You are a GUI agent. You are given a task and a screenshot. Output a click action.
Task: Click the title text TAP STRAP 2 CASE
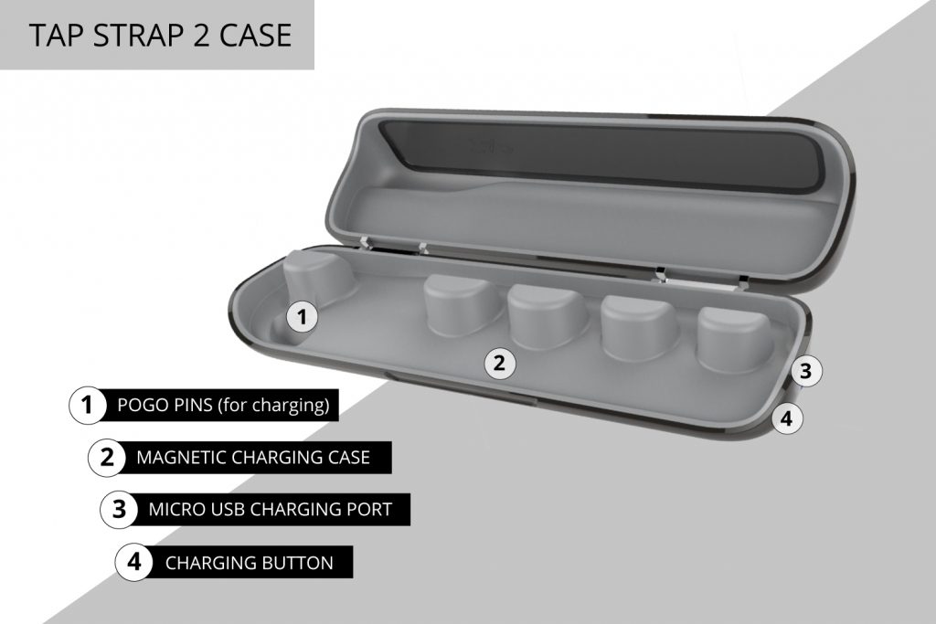[x=160, y=35]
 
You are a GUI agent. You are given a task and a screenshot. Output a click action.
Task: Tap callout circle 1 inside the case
[x=303, y=317]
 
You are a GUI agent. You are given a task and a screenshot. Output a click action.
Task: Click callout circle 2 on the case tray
[x=499, y=363]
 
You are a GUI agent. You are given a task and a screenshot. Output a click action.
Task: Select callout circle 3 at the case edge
[x=804, y=371]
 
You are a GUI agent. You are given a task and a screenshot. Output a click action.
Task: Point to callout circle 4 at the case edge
[x=788, y=419]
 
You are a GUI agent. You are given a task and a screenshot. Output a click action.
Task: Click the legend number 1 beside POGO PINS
[x=87, y=405]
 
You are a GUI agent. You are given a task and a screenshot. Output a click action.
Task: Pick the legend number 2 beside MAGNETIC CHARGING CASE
[x=106, y=457]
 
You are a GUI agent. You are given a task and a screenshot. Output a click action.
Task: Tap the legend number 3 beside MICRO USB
[x=119, y=509]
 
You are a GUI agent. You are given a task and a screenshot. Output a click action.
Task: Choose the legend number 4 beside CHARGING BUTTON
[x=133, y=562]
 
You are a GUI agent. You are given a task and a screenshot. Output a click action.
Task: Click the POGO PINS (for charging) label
[x=223, y=405]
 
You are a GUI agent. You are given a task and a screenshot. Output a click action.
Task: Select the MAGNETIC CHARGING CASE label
[x=252, y=457]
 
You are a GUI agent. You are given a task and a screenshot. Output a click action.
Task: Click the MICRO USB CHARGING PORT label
[x=270, y=509]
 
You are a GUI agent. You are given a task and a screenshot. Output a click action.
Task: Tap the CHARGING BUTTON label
[x=249, y=562]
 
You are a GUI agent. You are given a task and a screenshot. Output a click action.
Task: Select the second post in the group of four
[x=548, y=314]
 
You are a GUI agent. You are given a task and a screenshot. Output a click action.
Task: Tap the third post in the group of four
[x=641, y=324]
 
